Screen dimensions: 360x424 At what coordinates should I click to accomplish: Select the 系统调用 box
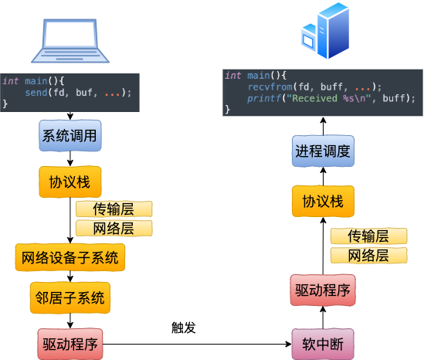pyautogui.click(x=70, y=136)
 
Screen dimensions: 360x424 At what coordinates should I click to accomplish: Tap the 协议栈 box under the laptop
pyautogui.click(x=70, y=182)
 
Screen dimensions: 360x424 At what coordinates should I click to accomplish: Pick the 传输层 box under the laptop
pyautogui.click(x=114, y=209)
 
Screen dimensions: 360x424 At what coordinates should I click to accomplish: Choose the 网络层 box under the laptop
pyautogui.click(x=114, y=229)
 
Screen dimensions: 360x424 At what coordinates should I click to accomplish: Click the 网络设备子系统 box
pyautogui.click(x=70, y=257)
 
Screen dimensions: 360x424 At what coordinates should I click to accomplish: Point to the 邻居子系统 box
pyautogui.click(x=70, y=297)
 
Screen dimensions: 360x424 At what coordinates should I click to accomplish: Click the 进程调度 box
pyautogui.click(x=323, y=151)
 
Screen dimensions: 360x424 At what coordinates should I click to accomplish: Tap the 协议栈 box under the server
pyautogui.click(x=323, y=202)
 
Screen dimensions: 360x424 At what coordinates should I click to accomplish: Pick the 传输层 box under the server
pyautogui.click(x=368, y=236)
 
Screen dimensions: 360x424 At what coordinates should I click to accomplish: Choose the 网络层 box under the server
pyautogui.click(x=368, y=256)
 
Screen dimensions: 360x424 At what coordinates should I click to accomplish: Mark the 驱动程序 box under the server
pyautogui.click(x=323, y=290)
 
